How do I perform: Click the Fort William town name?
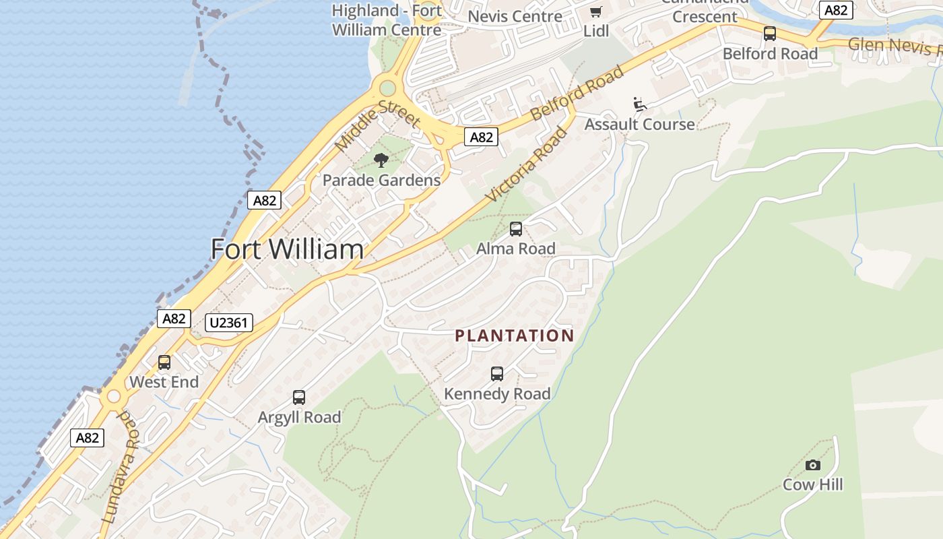point(287,249)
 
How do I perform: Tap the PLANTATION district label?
point(515,336)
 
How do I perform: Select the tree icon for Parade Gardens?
point(381,160)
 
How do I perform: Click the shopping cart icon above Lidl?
point(595,12)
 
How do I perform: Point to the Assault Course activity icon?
point(639,104)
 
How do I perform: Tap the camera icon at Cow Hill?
point(813,465)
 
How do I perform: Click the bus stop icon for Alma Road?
point(516,229)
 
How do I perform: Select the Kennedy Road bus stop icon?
point(497,374)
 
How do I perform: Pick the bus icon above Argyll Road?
point(299,398)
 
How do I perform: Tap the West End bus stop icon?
point(164,362)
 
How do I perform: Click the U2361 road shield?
point(229,323)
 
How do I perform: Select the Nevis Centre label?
point(515,16)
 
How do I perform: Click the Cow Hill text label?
point(812,484)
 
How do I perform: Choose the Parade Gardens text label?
point(381,180)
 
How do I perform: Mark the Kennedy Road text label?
point(497,393)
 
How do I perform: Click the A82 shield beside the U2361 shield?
point(174,318)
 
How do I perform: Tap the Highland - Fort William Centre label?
point(387,20)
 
